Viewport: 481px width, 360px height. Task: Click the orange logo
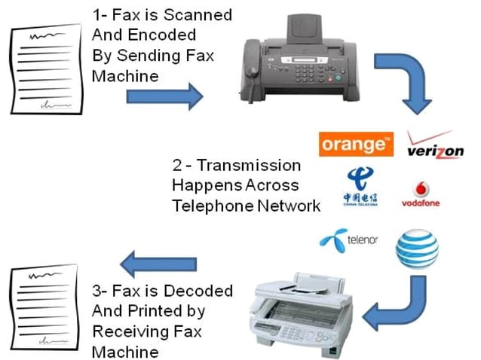coord(355,144)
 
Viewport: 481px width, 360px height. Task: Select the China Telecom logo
coord(360,187)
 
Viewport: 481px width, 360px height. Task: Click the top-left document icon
coord(43,72)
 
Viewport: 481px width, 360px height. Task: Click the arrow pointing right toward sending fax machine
coord(164,96)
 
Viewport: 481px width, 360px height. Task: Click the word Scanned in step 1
coord(200,15)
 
